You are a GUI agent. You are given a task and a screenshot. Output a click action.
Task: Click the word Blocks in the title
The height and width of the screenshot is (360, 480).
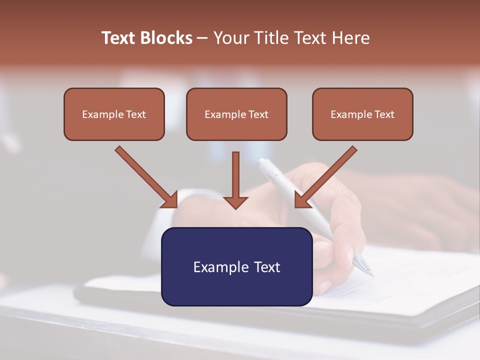point(166,38)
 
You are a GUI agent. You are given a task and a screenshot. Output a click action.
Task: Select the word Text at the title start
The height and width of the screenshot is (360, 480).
point(118,38)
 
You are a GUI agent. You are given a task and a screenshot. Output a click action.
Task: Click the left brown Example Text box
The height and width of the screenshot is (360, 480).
point(114,114)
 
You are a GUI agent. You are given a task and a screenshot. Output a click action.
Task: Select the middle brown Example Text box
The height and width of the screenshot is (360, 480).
point(236,114)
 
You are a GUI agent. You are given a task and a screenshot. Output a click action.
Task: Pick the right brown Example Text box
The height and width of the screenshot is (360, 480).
point(362,114)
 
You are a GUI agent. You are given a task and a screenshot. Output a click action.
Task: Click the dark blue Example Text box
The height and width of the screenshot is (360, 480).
point(237,267)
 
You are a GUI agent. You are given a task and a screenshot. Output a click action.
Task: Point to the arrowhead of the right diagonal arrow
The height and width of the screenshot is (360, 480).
point(301,200)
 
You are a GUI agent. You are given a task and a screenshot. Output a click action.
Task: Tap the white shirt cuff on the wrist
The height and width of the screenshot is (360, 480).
point(167,212)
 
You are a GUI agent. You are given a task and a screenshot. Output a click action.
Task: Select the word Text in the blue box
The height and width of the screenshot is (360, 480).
point(267,267)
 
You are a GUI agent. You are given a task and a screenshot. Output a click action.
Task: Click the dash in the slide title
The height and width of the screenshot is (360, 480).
point(202,38)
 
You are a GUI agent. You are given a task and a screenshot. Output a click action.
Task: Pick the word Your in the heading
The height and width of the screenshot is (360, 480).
point(230,38)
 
